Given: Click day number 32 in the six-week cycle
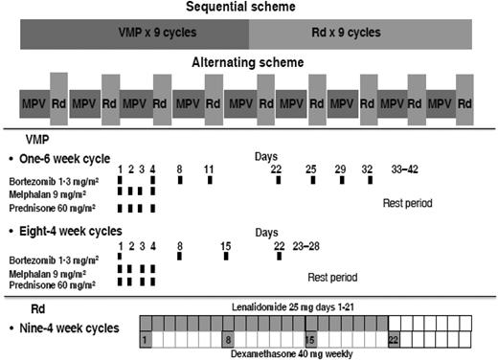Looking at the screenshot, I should click(x=367, y=169).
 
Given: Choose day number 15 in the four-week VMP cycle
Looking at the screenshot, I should click(x=225, y=244).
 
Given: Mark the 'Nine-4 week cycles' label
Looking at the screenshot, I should click(x=70, y=327).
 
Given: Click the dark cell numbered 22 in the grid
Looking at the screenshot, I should click(x=394, y=340).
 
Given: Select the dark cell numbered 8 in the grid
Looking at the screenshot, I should click(x=227, y=340).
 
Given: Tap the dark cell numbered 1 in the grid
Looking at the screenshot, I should click(x=145, y=340).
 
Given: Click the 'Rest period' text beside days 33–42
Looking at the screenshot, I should click(x=406, y=203).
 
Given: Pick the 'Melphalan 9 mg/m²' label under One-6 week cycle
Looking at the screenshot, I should click(x=46, y=191).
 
